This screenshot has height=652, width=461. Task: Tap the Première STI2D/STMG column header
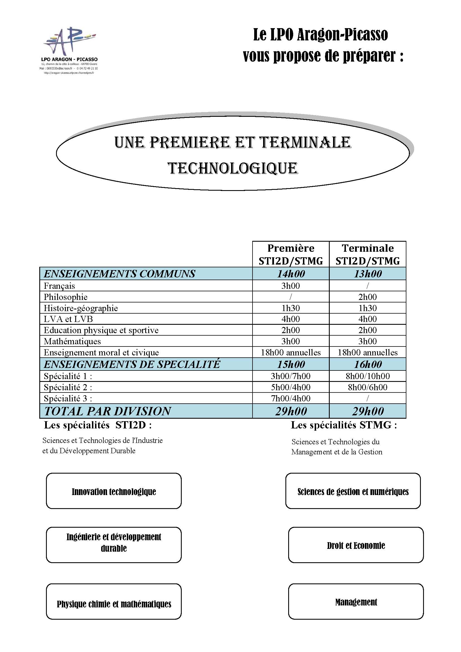[x=291, y=255]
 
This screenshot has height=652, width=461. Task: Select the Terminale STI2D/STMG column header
[x=368, y=255]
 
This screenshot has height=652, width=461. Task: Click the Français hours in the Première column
[x=291, y=286]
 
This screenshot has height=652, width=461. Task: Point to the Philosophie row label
[x=65, y=297]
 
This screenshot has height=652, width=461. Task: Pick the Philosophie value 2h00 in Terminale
[x=368, y=297]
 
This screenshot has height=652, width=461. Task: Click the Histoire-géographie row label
[x=81, y=308]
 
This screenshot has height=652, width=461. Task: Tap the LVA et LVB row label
[x=68, y=319]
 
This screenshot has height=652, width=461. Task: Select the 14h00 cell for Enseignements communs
[x=291, y=274]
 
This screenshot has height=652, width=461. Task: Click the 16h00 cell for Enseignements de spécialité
[x=368, y=364]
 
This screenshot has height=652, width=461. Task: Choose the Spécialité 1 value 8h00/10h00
[x=368, y=376]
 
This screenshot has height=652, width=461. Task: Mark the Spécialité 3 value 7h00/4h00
[x=291, y=398]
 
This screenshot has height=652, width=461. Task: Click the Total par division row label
[x=108, y=411]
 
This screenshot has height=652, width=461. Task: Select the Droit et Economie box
[x=356, y=546]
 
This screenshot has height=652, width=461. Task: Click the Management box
[x=356, y=602]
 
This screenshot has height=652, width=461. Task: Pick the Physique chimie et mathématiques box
[x=113, y=604]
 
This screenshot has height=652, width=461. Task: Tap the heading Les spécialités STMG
[x=344, y=425]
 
